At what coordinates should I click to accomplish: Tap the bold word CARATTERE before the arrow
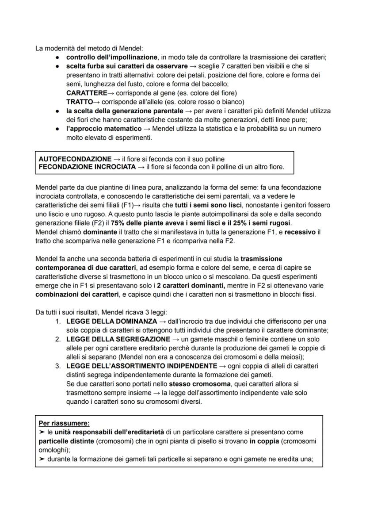click(87, 93)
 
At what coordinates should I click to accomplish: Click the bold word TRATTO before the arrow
click(80, 102)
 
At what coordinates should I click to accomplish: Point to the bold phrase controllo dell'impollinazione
click(112, 57)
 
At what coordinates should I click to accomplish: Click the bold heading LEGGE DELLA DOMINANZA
click(111, 321)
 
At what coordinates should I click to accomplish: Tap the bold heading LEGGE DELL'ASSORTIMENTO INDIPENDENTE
click(141, 366)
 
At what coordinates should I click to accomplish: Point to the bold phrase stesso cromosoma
click(195, 383)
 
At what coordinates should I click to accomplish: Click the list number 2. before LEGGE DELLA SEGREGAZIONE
click(58, 339)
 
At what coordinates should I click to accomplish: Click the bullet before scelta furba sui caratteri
click(58, 66)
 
